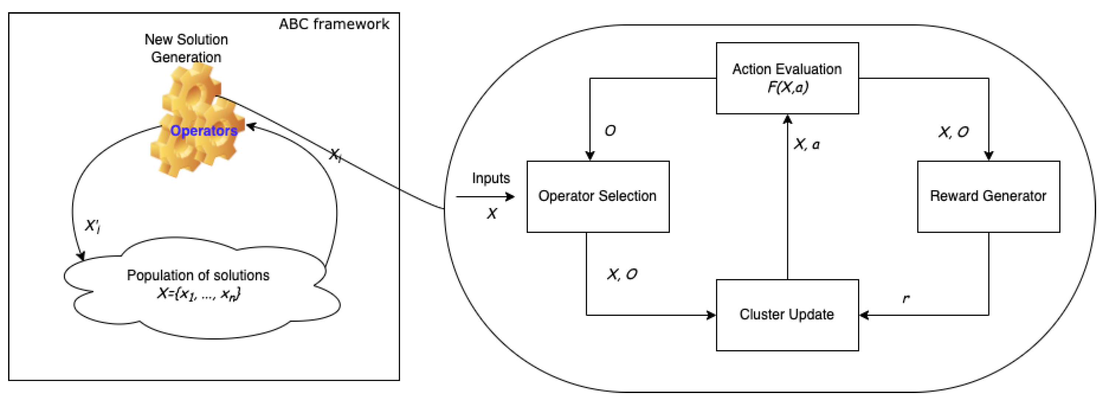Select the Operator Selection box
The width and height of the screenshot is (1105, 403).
tap(598, 196)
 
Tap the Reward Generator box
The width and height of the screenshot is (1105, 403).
tap(988, 196)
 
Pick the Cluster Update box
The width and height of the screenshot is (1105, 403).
tap(787, 315)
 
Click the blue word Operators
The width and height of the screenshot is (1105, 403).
tap(203, 130)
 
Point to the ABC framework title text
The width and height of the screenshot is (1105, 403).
tap(334, 24)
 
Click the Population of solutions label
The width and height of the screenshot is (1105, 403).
tap(198, 275)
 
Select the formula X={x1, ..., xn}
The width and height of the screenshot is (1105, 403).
tap(199, 294)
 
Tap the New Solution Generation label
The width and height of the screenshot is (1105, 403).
tap(186, 48)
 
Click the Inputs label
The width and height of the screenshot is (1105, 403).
tap(491, 178)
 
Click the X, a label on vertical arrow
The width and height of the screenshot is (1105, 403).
tap(806, 144)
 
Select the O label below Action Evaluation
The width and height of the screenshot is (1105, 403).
tap(610, 130)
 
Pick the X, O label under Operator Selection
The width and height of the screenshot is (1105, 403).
tap(622, 274)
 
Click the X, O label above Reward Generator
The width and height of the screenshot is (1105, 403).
tap(953, 132)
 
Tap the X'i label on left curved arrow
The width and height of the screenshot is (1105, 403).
tap(92, 226)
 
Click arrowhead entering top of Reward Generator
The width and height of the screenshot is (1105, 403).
tap(988, 156)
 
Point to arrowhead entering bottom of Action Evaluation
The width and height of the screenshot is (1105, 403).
tap(787, 120)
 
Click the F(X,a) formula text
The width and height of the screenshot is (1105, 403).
tap(788, 88)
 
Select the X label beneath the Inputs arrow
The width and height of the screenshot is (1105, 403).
tap(492, 213)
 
